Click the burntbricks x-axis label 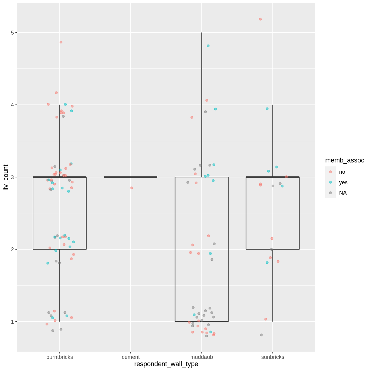[60, 357]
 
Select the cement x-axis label [131, 357]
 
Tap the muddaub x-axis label [202, 357]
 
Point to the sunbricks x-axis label [272, 357]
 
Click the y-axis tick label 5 [12, 33]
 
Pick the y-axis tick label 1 [12, 322]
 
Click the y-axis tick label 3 [12, 177]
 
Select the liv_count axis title [6, 178]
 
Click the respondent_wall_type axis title [166, 364]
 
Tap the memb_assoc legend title [345, 160]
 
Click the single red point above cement [132, 188]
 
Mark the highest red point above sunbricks [260, 19]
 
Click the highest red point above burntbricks [61, 42]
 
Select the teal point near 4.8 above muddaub [208, 46]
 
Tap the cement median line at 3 [131, 177]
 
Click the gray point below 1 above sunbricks [261, 335]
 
